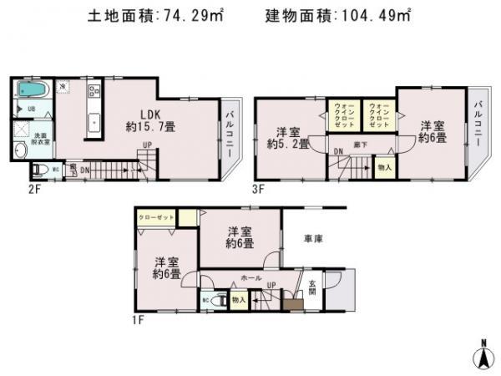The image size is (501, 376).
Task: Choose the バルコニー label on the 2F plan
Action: point(230,133)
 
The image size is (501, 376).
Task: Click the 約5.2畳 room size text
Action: point(288,144)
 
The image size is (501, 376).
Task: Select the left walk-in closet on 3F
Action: point(344,114)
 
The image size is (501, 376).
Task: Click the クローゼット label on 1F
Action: point(158,216)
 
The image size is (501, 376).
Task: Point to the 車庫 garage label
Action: point(313,239)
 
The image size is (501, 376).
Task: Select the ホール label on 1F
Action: point(251,277)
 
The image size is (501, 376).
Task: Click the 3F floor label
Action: point(257,189)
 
